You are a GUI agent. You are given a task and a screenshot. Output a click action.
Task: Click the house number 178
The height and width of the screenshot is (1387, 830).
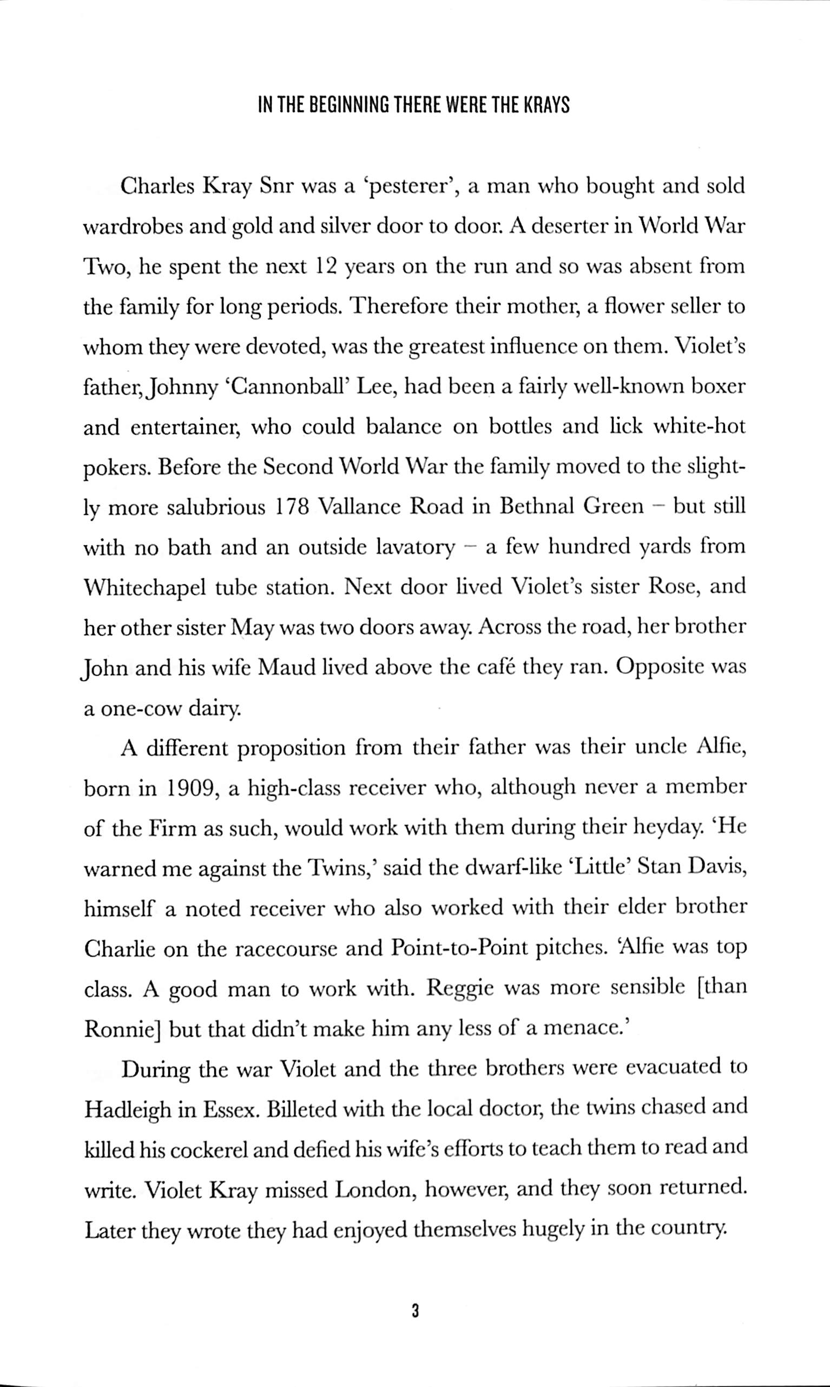pyautogui.click(x=293, y=507)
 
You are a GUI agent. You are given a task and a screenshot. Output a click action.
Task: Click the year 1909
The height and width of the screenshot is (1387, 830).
pyautogui.click(x=189, y=789)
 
